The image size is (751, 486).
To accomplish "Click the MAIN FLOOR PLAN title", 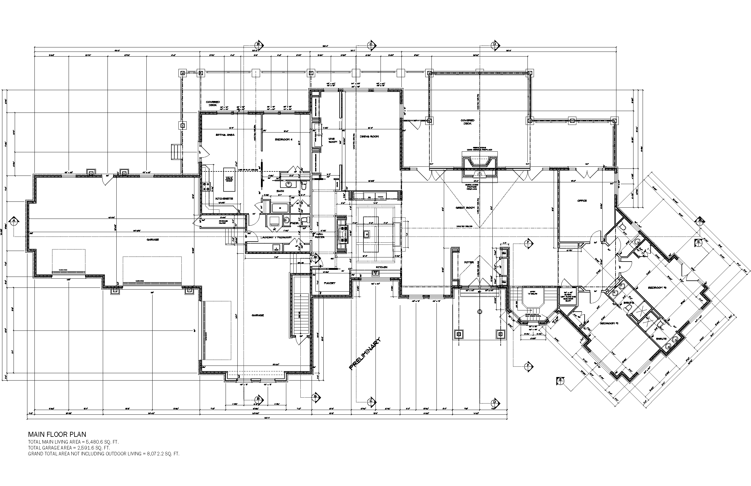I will pos(57,434).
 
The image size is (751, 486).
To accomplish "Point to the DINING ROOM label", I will pos(369,136).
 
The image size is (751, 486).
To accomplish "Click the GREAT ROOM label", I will pos(465,208).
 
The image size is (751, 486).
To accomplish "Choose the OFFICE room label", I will pos(582,201).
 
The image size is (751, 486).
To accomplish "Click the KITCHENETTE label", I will pos(224,199).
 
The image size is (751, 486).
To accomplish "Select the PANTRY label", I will pos(330,283).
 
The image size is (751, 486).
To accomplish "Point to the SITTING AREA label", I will pos(225,135).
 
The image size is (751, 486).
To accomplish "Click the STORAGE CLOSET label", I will pos(223,222).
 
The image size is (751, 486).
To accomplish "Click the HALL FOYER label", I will pos(319,235).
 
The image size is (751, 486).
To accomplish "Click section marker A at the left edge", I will pos(14,221).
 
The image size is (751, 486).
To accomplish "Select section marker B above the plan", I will pos(258,44).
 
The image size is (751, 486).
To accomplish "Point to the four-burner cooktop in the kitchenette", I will pos(208,186).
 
